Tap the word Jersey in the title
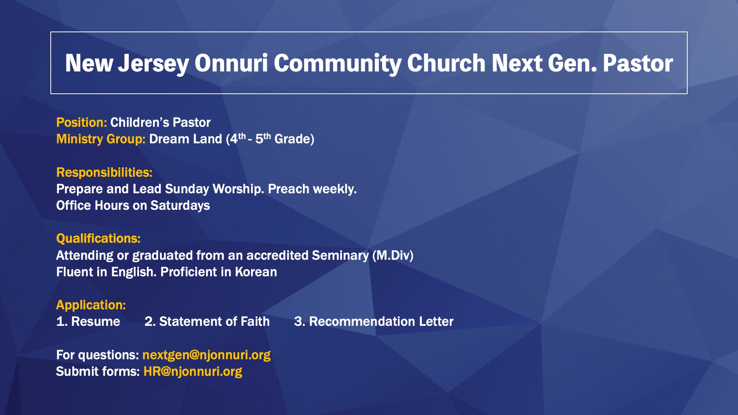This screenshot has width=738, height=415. coord(153,64)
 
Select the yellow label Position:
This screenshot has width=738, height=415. coord(81,122)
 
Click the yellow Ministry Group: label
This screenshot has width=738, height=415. coord(101,139)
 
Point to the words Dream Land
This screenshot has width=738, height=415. coord(186,139)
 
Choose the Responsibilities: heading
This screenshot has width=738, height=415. coord(104,173)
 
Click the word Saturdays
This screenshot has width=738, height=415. coord(180,206)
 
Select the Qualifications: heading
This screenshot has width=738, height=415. coord(98,239)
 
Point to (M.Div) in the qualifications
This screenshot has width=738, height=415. coord(393,256)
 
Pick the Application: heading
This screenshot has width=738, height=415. coord(91,305)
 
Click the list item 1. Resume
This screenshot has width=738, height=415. coord(88,321)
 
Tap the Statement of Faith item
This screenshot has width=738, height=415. coord(207,321)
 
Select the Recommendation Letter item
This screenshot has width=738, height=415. coord(374,321)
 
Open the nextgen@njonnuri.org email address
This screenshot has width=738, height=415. coord(206,355)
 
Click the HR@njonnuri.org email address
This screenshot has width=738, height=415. coord(193,372)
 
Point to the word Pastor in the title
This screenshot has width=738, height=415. coord(638,63)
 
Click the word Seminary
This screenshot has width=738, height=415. coord(340,256)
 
